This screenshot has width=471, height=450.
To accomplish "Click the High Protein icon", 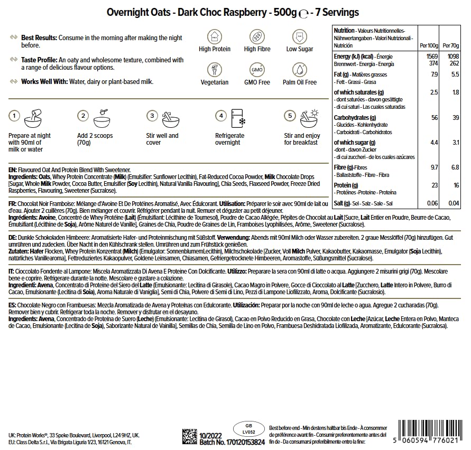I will (x=215, y=36).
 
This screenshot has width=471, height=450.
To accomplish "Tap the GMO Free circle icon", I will (x=257, y=69).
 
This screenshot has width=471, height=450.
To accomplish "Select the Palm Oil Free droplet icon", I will (x=300, y=69).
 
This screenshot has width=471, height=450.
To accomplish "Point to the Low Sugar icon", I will (x=300, y=36).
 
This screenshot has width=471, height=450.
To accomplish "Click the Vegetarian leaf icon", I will (x=215, y=69).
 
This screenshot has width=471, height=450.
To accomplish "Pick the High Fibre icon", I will (x=257, y=36).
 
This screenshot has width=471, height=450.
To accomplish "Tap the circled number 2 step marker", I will (x=82, y=116).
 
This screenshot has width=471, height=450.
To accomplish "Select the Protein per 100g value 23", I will (x=434, y=185).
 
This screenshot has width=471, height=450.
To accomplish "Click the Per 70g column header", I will (x=450, y=45).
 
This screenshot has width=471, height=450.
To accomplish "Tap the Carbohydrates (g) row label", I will (x=355, y=118).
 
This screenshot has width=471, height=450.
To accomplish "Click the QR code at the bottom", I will (x=189, y=437).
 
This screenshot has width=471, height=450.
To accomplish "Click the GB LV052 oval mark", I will (x=247, y=428).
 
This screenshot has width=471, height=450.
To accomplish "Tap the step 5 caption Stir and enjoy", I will (x=302, y=136).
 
